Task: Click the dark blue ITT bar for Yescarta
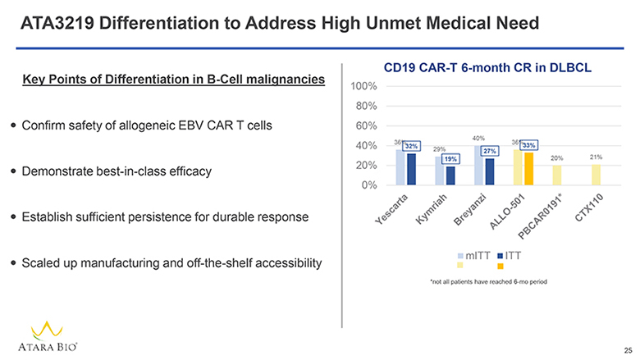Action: click(412, 169)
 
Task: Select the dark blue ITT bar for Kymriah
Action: click(450, 175)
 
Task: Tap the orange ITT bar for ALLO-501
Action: click(529, 169)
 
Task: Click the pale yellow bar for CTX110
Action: click(596, 175)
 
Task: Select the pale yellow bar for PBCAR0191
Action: click(556, 175)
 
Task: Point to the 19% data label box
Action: click(450, 159)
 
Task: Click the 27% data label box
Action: click(490, 151)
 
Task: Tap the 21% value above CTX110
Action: click(597, 157)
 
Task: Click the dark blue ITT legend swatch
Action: click(500, 255)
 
